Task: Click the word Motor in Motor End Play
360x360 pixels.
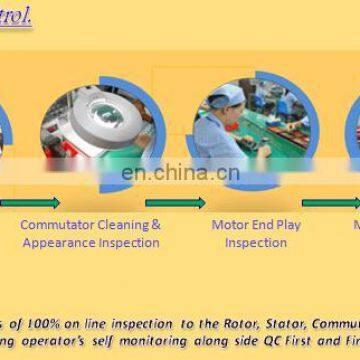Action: tap(230, 225)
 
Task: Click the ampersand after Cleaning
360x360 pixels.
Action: tap(155, 225)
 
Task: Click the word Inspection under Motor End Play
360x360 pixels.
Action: tap(256, 242)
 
